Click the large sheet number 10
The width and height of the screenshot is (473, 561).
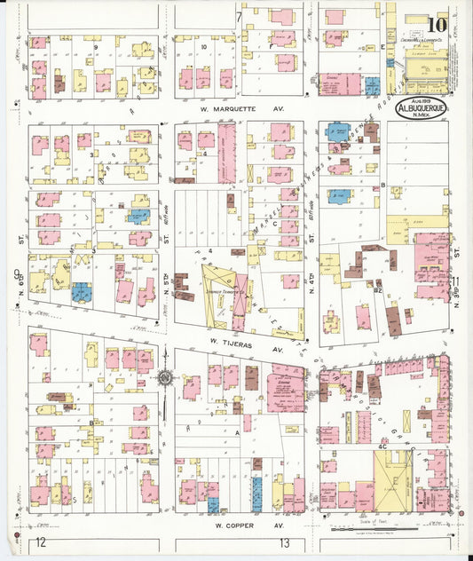click(436, 27)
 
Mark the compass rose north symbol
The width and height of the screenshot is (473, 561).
click(166, 378)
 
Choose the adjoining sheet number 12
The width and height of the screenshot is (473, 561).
click(39, 541)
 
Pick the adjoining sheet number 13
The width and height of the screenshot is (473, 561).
click(284, 541)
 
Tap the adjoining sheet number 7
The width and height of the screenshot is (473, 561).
click(239, 17)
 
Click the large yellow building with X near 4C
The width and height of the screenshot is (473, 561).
click(391, 480)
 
